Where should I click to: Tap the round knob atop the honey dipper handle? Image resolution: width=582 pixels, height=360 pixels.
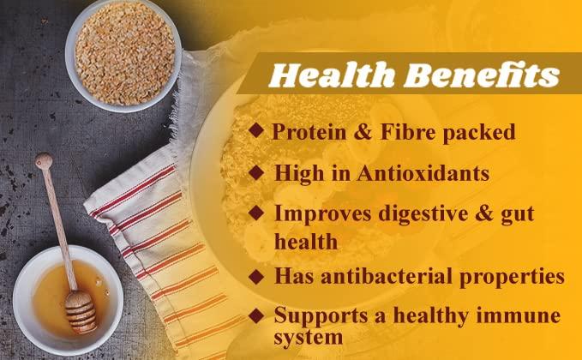pyautogui.click(x=43, y=160)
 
